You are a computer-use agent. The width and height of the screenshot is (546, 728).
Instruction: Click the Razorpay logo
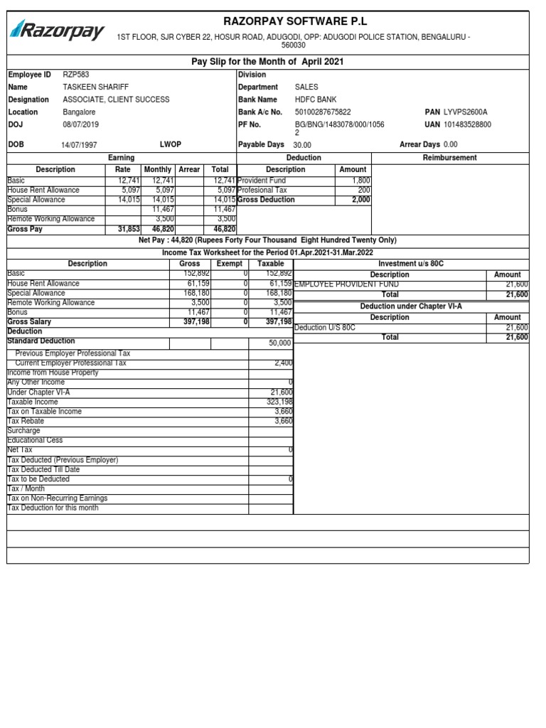(x=57, y=31)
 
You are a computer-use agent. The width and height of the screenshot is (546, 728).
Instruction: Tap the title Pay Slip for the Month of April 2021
(x=267, y=62)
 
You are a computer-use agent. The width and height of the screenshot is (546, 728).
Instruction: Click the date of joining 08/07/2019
(x=81, y=124)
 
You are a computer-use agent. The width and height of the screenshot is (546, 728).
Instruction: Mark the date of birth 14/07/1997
(x=80, y=144)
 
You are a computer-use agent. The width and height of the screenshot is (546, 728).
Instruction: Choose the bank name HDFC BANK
(x=316, y=100)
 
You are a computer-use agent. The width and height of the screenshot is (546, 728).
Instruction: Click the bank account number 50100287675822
(x=323, y=112)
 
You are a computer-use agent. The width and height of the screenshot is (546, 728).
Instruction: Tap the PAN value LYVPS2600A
(x=466, y=112)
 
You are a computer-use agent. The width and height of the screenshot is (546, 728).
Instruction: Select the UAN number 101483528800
(x=467, y=124)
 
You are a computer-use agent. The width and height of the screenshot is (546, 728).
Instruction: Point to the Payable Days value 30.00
(x=302, y=144)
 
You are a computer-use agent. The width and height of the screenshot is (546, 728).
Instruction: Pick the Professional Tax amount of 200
(x=364, y=191)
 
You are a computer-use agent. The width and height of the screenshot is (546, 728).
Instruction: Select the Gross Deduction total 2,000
(x=360, y=200)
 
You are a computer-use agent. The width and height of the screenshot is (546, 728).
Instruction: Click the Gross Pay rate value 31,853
(x=129, y=230)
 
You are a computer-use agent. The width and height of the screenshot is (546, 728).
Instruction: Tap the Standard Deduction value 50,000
(x=279, y=343)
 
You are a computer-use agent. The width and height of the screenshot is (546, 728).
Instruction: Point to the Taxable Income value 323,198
(x=278, y=402)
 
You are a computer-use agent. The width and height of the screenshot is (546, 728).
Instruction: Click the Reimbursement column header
(x=449, y=158)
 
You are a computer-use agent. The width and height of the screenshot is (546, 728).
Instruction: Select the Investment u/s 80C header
(x=411, y=264)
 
